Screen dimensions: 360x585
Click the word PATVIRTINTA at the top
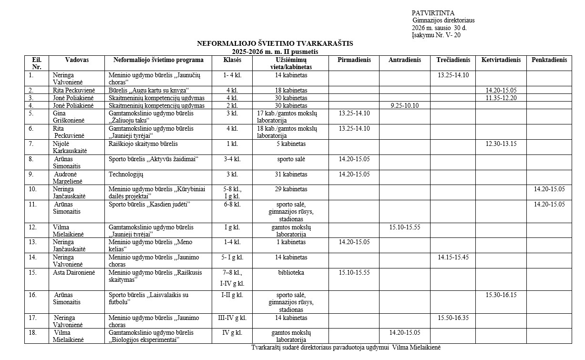[x=433, y=13]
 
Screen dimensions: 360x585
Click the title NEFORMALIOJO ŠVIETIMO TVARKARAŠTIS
[x=275, y=43]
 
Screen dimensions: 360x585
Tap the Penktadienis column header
[x=549, y=60]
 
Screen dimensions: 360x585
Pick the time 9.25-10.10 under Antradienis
[x=405, y=105]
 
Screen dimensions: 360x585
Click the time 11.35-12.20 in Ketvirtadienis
[x=501, y=98]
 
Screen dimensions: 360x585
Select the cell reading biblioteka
[x=291, y=273]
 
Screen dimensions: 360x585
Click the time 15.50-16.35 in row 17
[x=452, y=318]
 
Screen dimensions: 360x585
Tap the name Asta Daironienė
[x=74, y=273]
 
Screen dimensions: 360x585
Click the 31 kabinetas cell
[x=291, y=174]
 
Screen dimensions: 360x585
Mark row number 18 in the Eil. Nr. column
[x=32, y=332]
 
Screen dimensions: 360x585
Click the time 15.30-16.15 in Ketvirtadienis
[x=501, y=295]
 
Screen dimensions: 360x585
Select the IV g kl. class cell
[x=232, y=332]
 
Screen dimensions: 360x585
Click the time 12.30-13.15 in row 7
[x=501, y=144]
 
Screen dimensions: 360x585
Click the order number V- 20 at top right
[x=452, y=35]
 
